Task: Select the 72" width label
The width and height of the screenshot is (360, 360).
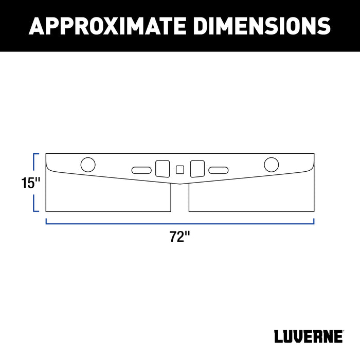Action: [x=180, y=237]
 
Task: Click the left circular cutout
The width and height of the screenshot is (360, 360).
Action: [x=88, y=165]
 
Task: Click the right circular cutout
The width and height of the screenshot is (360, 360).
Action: [x=271, y=165]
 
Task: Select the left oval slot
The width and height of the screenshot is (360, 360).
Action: [x=141, y=170]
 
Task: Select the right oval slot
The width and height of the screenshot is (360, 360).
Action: [x=218, y=170]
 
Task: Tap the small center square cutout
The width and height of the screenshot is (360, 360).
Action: [x=179, y=169]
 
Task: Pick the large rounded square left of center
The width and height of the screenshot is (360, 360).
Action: [x=162, y=169]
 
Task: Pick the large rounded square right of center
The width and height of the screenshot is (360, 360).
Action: [x=197, y=169]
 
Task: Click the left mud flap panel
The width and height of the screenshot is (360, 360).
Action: [x=108, y=195]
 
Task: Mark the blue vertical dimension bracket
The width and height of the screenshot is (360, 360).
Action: [x=34, y=183]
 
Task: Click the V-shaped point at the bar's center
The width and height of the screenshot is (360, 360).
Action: [x=179, y=184]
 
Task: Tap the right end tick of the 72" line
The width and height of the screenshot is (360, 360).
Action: [x=314, y=221]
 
